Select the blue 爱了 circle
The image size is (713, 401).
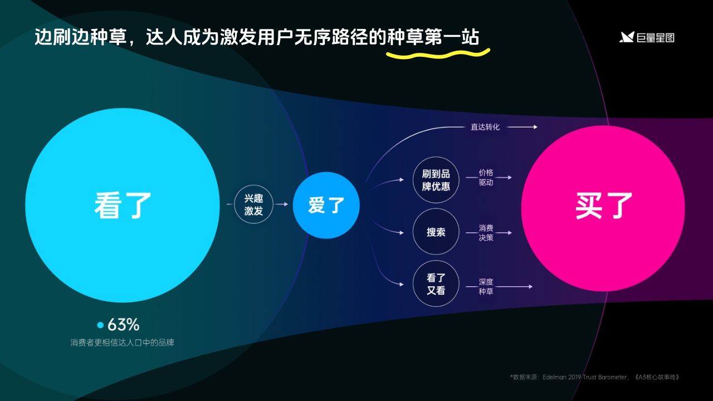(x=326, y=206)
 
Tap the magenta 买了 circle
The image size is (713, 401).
(x=603, y=208)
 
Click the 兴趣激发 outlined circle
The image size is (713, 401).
(x=253, y=205)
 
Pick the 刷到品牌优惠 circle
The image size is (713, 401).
(x=436, y=180)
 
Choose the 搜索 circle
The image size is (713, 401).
(x=436, y=232)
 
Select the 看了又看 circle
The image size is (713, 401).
(x=436, y=283)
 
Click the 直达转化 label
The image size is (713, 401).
(x=485, y=127)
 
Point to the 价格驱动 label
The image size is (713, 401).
(x=486, y=178)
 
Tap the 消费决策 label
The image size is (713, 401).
(x=486, y=233)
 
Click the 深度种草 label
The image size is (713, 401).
(x=486, y=286)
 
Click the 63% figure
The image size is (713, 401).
(x=123, y=325)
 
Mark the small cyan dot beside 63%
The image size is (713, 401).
(x=100, y=325)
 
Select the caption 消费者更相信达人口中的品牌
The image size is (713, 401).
(x=122, y=343)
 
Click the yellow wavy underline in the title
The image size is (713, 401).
(x=438, y=54)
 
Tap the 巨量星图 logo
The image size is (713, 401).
(x=647, y=37)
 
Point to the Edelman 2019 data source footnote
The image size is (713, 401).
(x=595, y=377)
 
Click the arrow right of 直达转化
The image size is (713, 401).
(x=522, y=127)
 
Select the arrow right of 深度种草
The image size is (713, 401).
(x=514, y=287)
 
